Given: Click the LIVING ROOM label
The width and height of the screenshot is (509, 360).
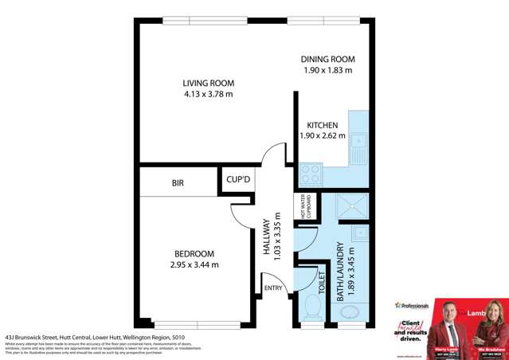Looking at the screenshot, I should (x=207, y=83).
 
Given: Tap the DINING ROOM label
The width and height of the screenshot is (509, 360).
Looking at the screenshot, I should (x=327, y=60).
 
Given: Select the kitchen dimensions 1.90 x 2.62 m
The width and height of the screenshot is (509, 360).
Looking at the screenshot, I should (x=323, y=135).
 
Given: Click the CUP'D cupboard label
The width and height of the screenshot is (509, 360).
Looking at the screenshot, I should (x=237, y=181).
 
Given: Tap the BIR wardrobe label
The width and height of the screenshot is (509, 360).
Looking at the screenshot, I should (x=178, y=183).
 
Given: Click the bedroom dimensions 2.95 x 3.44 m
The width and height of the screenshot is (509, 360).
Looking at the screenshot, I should (x=194, y=264).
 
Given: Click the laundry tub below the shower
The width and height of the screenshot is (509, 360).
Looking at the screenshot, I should (x=359, y=233).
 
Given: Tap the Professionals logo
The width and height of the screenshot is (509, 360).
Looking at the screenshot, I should (x=413, y=305).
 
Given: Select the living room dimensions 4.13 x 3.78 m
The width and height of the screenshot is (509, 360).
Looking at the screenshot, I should (x=207, y=95).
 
